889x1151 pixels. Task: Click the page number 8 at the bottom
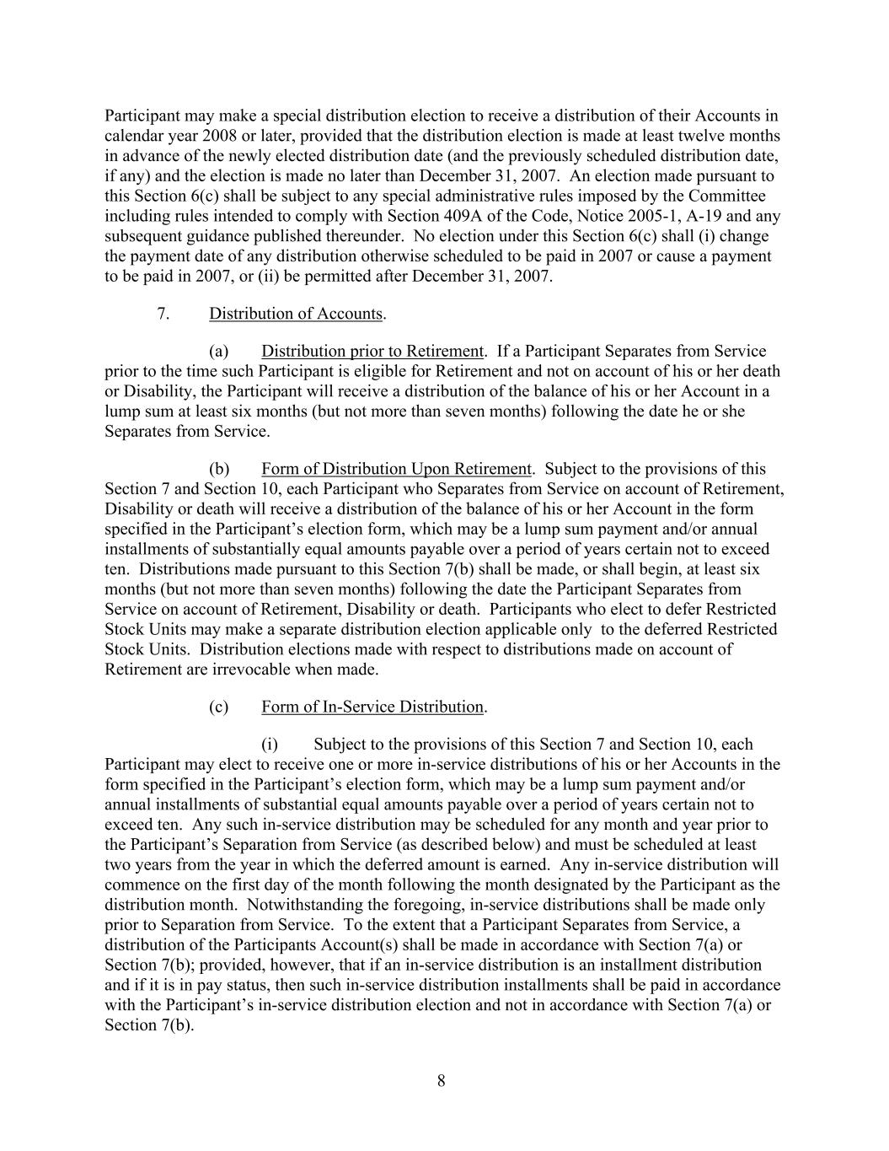pos(442,1081)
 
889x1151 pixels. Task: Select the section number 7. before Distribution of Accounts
pos(163,314)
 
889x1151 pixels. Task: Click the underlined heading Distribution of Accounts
pos(296,314)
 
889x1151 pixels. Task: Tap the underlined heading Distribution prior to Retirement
pos(372,351)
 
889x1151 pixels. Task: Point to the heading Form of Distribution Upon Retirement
pos(396,469)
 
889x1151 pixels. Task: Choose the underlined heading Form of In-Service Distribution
pos(372,707)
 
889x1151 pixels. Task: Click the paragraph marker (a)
pos(219,351)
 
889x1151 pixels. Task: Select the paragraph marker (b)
pos(219,469)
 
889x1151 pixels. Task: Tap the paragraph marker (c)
pos(219,707)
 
